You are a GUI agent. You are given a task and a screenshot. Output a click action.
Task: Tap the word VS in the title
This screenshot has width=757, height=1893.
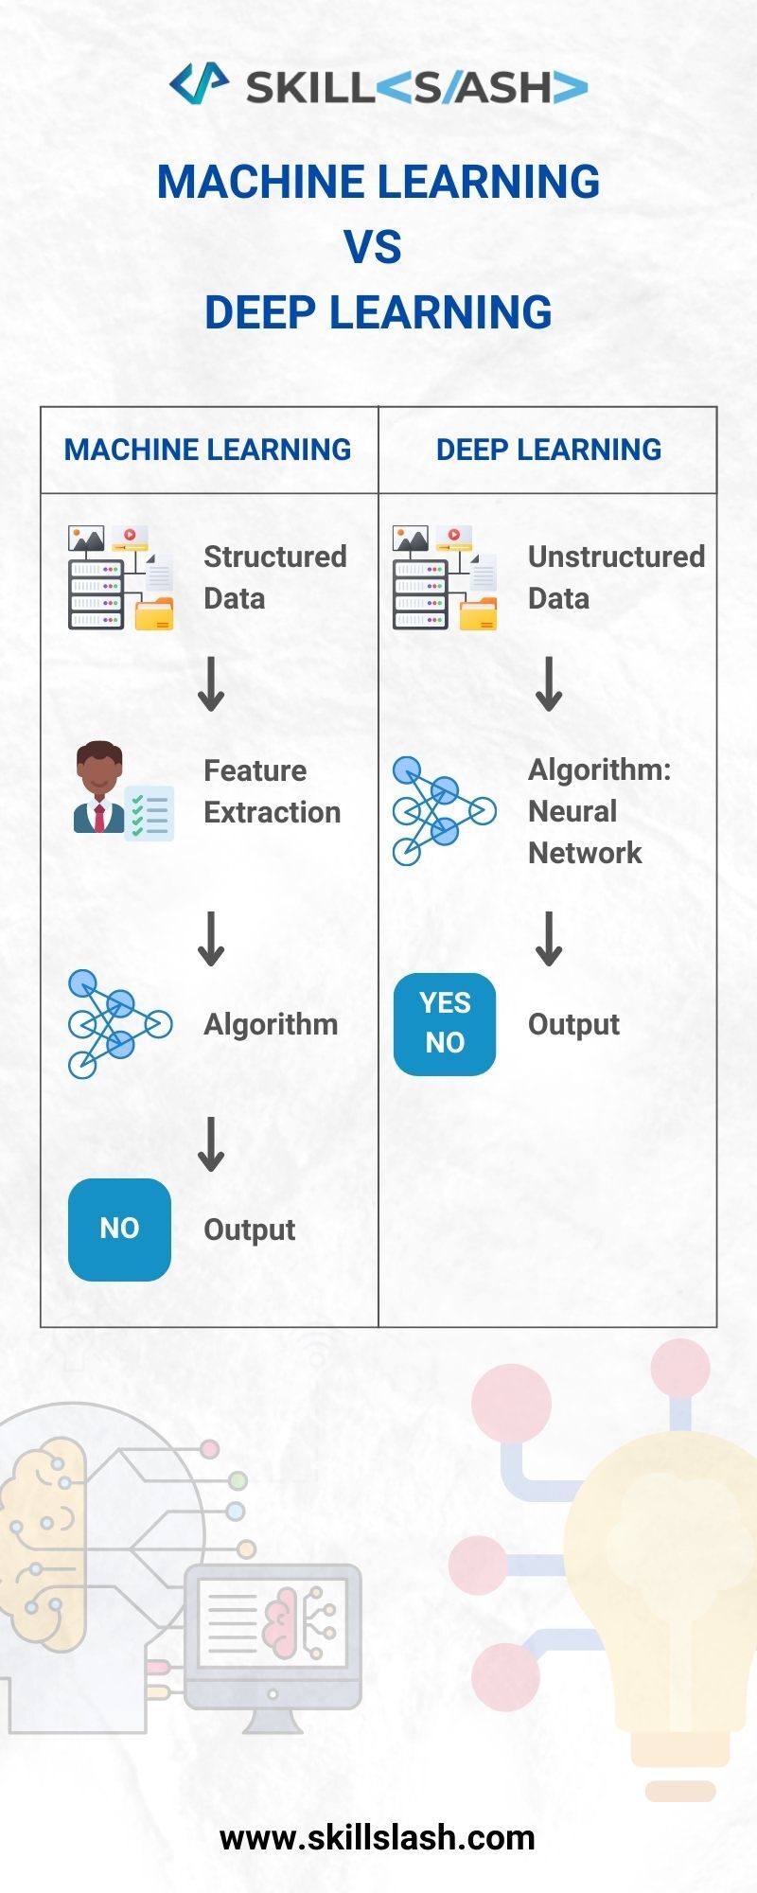click(373, 247)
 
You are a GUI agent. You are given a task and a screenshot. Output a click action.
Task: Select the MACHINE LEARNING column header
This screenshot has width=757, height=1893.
click(208, 450)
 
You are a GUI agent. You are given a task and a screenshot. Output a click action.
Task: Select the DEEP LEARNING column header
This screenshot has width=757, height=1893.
click(548, 450)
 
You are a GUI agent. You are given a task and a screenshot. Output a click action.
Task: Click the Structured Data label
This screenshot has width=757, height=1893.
click(274, 577)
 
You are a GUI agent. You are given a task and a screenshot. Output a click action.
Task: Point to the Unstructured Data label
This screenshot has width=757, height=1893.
click(615, 577)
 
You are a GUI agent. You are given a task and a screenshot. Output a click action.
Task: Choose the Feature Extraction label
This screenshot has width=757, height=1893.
click(272, 791)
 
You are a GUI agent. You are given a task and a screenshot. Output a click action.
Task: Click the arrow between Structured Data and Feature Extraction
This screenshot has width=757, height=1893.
click(211, 685)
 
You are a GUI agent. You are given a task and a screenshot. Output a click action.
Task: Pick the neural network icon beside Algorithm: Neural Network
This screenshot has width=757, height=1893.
click(444, 811)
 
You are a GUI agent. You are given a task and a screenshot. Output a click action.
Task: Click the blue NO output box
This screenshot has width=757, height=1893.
click(119, 1229)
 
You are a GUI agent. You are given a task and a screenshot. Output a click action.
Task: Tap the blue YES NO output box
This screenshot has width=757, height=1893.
click(445, 1023)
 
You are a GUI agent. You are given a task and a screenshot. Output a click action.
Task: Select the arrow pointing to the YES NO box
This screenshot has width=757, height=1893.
click(549, 939)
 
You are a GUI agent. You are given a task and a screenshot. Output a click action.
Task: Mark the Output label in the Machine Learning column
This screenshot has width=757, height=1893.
click(249, 1230)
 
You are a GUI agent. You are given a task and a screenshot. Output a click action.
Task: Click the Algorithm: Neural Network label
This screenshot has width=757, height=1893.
click(598, 811)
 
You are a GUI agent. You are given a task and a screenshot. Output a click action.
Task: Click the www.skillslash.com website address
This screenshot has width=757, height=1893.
click(378, 1837)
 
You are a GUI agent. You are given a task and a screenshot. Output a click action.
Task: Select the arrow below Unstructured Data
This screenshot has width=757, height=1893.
click(549, 685)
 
